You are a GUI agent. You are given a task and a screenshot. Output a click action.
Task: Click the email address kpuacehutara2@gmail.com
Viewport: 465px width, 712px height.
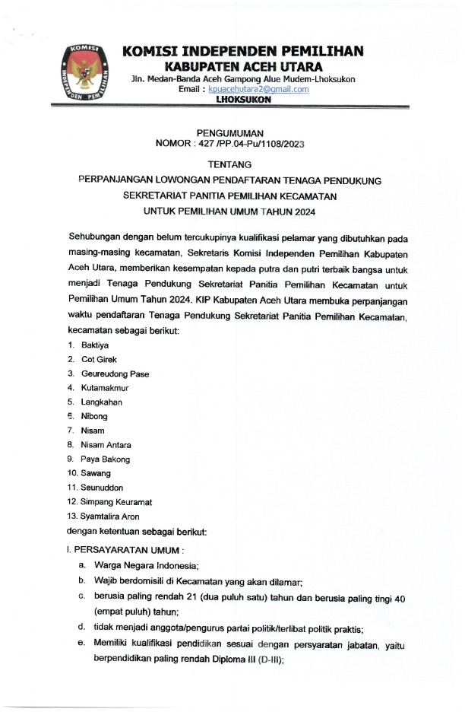pos(248,89)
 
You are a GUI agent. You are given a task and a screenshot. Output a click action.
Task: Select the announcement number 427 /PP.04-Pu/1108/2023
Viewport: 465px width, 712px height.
pos(250,143)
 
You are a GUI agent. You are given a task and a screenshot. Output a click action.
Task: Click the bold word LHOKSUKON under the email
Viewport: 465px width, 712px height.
pos(242,100)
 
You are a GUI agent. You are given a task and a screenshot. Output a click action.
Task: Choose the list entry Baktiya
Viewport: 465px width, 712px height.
pos(96,345)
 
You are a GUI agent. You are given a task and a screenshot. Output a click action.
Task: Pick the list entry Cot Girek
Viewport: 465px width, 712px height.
pos(100,359)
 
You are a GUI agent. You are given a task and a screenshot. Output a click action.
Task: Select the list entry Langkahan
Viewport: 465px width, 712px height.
pos(103,402)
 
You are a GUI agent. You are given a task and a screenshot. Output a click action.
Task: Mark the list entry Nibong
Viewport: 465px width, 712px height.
pos(95,416)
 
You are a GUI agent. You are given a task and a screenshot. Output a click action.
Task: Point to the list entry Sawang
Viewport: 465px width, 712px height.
pos(96,473)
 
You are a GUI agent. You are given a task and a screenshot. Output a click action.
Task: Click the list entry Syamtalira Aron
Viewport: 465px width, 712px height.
pos(114,517)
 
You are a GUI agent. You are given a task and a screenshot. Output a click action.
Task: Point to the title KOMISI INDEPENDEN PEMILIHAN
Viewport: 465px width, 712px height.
pos(242,51)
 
